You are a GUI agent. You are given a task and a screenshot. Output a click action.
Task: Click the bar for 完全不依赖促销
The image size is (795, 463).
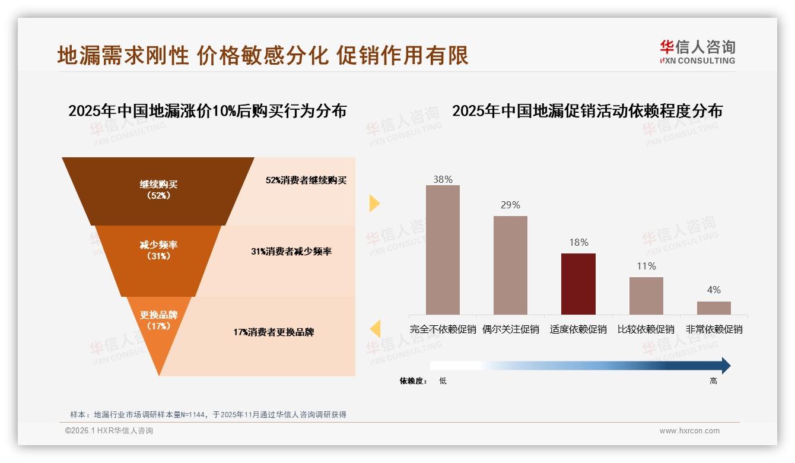click(x=443, y=249)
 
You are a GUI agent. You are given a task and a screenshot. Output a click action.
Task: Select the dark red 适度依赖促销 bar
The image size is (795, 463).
click(x=578, y=284)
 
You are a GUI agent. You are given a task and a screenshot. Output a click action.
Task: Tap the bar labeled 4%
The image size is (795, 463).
click(x=714, y=307)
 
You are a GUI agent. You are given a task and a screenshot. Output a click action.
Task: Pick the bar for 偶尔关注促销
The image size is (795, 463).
click(x=510, y=265)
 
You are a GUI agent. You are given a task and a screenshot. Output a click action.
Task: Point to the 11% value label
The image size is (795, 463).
click(x=646, y=267)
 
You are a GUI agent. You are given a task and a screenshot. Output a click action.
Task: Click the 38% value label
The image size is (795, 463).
click(x=443, y=179)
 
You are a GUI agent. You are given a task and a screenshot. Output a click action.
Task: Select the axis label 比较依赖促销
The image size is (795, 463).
click(x=646, y=329)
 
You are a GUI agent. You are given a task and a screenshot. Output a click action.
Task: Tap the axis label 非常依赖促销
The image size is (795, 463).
click(x=714, y=329)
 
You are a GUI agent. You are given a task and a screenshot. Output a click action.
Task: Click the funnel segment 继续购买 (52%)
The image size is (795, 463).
click(x=158, y=190)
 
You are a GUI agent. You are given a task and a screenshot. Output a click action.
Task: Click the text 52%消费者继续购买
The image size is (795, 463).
click(x=306, y=180)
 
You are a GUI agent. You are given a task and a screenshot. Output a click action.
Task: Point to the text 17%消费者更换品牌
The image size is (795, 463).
click(x=274, y=332)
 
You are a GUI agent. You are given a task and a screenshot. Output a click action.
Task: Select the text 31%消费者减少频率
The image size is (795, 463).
click(x=291, y=252)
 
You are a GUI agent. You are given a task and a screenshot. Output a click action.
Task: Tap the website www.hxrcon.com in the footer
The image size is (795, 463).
click(x=689, y=431)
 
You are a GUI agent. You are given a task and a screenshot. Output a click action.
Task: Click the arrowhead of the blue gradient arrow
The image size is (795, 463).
click(x=725, y=366)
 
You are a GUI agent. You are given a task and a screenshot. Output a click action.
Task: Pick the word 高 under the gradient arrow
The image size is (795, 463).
click(x=713, y=381)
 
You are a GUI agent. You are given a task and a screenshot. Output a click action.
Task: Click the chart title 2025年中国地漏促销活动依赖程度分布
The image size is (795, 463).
click(x=587, y=111)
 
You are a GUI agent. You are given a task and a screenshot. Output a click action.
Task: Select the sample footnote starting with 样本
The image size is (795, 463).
click(x=208, y=415)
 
